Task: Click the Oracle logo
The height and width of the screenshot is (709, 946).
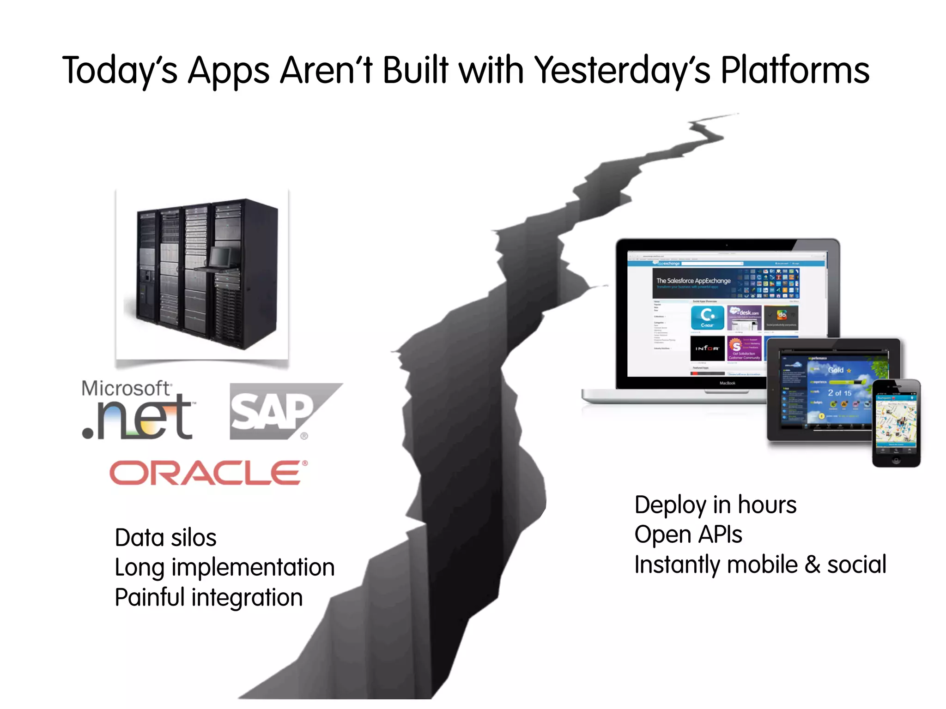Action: [x=208, y=473]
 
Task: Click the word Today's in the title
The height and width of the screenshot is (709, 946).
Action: [x=120, y=71]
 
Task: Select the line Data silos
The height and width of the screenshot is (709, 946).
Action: [x=165, y=538]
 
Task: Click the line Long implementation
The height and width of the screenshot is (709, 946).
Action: [x=224, y=567]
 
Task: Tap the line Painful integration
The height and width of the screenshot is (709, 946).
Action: [x=208, y=597]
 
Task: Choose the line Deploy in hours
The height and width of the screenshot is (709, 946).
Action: [x=715, y=505]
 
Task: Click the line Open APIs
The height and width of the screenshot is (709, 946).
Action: [x=688, y=535]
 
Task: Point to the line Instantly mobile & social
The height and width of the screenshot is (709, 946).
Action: [x=760, y=565]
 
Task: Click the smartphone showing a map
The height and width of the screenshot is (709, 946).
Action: [x=896, y=422]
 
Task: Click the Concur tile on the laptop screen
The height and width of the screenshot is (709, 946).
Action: [x=707, y=318]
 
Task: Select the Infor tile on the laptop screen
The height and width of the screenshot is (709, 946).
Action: [x=707, y=348]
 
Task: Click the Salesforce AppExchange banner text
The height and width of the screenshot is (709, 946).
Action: [x=693, y=281]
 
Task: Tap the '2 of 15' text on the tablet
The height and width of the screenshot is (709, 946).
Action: [x=839, y=393]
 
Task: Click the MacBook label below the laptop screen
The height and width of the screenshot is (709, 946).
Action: [x=727, y=383]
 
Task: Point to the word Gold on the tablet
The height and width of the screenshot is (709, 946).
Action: [x=836, y=370]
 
